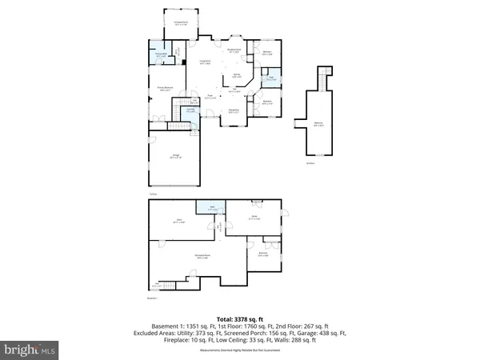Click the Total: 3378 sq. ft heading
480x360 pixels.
point(239,317)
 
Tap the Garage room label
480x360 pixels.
point(174,157)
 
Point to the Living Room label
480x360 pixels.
point(205,62)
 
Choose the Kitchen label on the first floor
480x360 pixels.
point(237,77)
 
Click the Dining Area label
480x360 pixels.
point(234,111)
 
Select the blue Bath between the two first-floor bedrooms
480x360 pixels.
point(272,79)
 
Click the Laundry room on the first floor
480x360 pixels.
point(190,110)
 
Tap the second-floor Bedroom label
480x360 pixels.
point(318,123)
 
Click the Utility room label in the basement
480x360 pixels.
point(178,222)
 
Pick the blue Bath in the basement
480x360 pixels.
point(212,208)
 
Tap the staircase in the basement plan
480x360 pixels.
point(164,284)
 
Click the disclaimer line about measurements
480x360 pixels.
point(239,348)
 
